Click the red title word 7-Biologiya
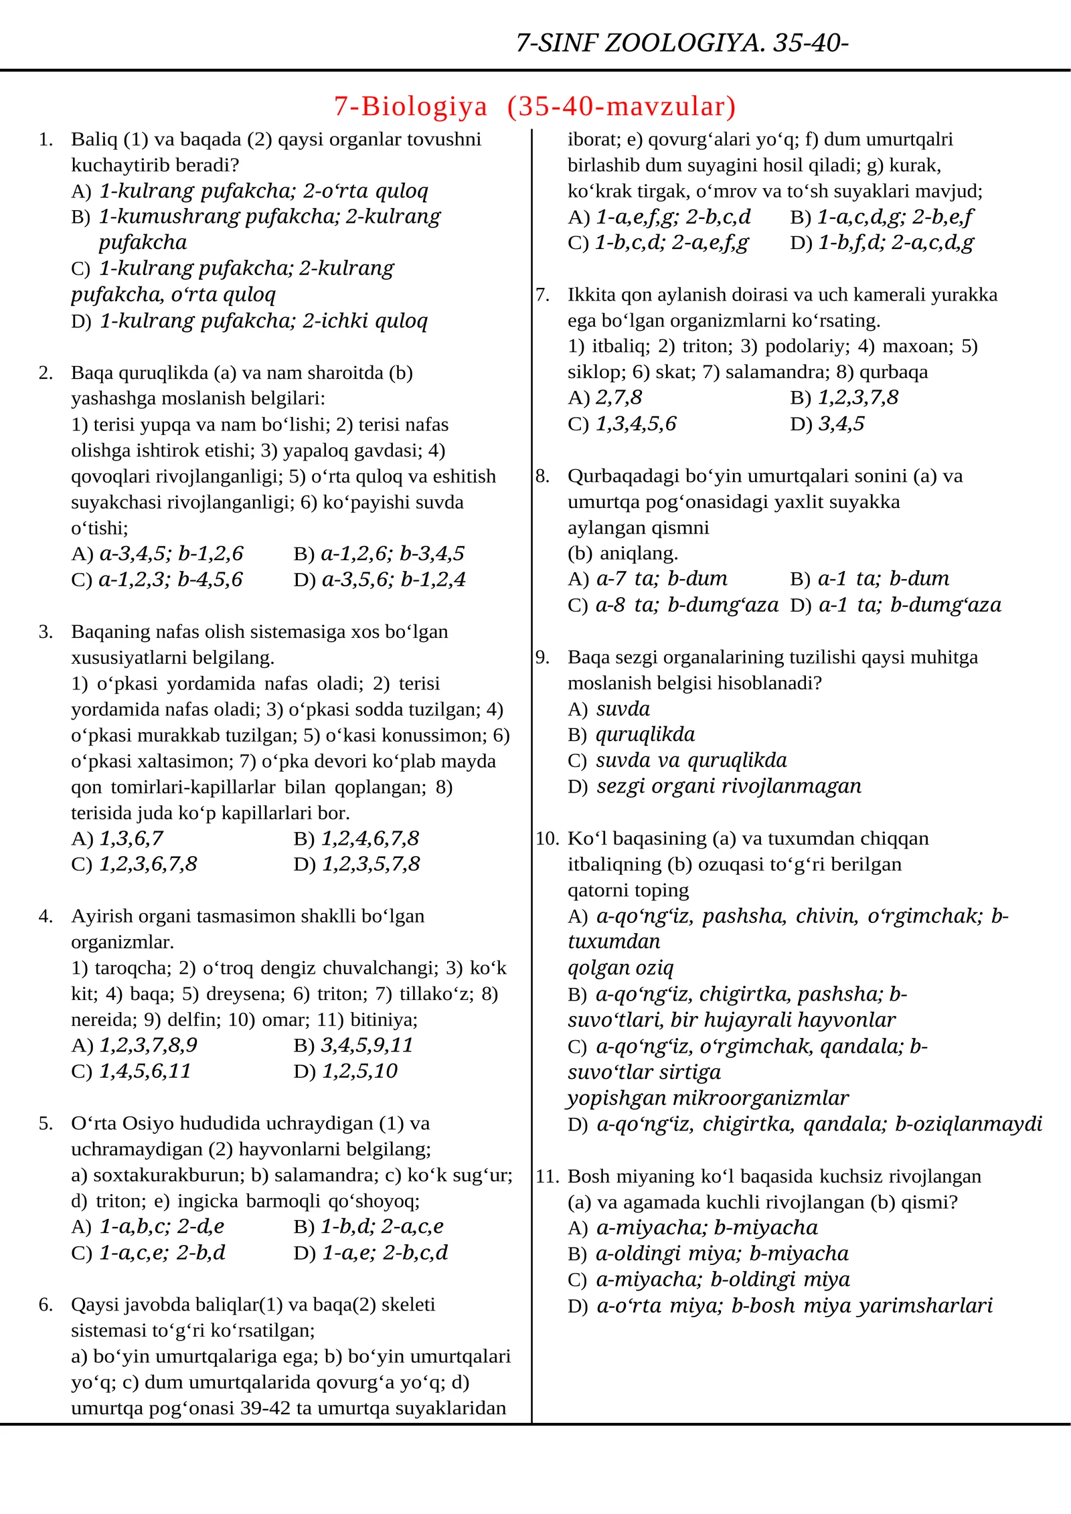410,106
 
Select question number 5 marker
46,1124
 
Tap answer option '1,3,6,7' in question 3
131,838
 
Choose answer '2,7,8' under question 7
619,398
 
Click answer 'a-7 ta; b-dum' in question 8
661,578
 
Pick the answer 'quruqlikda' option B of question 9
645,734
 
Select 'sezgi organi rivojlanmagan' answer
728,786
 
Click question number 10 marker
547,838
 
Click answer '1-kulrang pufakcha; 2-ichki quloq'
263,321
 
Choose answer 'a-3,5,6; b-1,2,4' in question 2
394,579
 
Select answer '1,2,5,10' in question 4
359,1071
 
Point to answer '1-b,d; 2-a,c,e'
382,1226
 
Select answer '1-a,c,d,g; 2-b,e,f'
895,217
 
